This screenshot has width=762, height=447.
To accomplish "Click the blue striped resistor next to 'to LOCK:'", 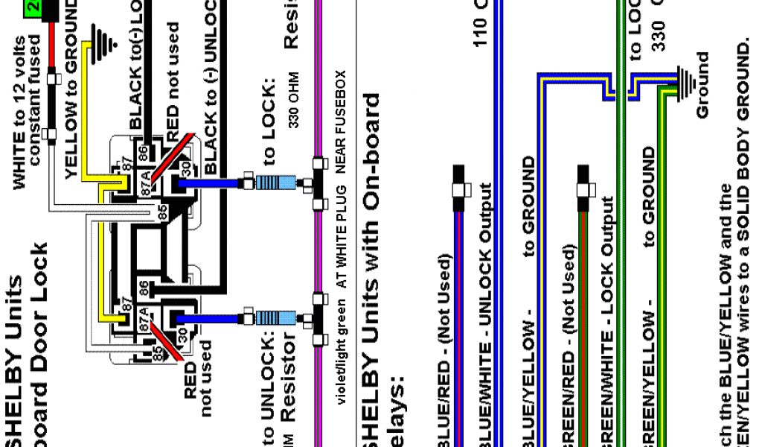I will tap(277, 182).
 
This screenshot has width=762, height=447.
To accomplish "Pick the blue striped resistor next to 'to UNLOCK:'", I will tap(277, 318).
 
